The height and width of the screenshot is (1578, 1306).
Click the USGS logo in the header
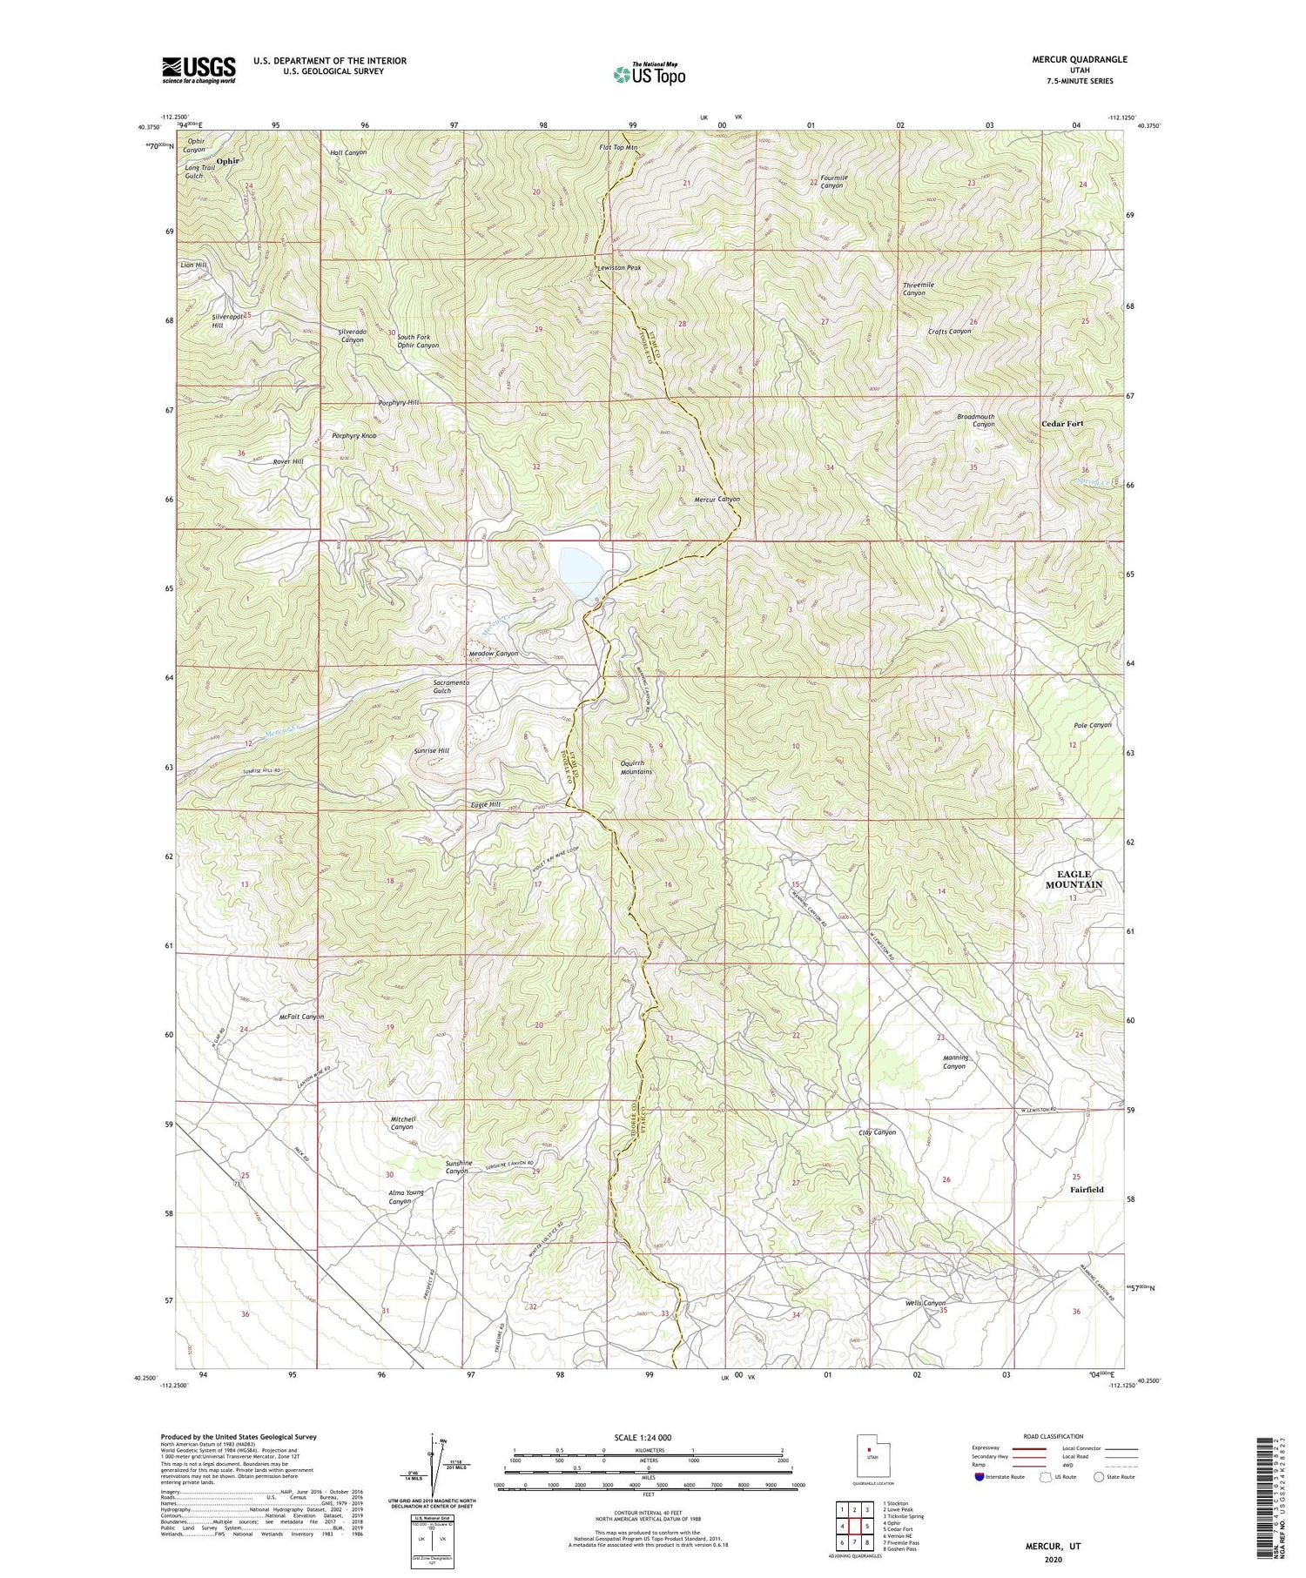(199, 70)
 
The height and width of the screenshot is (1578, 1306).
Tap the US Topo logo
(649, 74)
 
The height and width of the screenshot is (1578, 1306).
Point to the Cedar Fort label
(1062, 424)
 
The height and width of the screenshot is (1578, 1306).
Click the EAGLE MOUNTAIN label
(1074, 879)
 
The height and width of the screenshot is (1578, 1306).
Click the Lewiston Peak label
(619, 268)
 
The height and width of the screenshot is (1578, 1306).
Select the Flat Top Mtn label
(618, 148)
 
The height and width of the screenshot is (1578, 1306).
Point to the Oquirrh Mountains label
(636, 768)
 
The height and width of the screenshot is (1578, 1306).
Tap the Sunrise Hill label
(431, 750)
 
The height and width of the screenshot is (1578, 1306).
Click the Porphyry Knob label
(354, 435)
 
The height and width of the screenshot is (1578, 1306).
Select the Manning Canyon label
(955, 1062)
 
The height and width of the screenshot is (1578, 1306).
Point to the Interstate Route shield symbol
(979, 1477)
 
